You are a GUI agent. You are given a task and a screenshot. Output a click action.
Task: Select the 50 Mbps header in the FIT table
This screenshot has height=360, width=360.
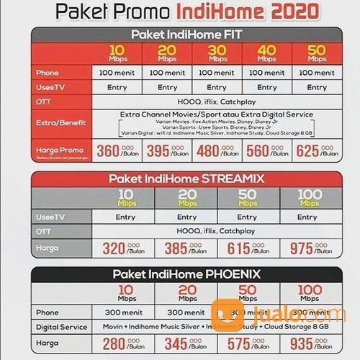(317, 54)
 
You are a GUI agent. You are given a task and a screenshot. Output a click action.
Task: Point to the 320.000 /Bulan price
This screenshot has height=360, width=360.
(127, 247)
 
